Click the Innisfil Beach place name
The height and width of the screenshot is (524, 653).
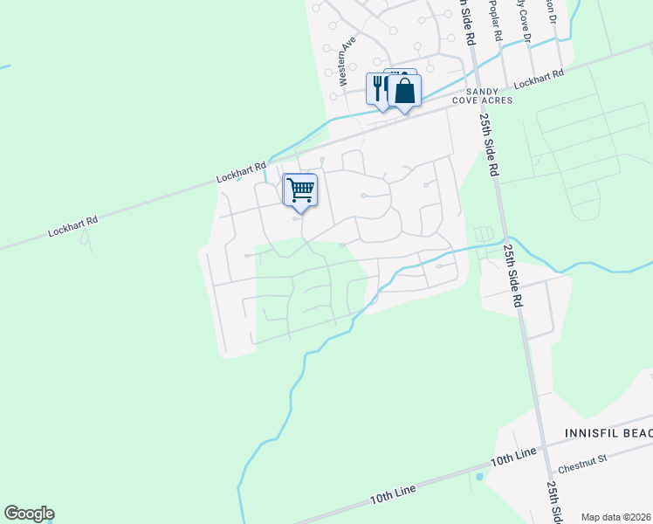pyautogui.click(x=608, y=433)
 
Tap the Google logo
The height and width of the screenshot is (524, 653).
pyautogui.click(x=29, y=514)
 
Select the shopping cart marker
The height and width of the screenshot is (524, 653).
pyautogui.click(x=300, y=190)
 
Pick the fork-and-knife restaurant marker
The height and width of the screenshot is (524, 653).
pyautogui.click(x=378, y=88)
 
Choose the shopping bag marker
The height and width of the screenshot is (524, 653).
pyautogui.click(x=405, y=91)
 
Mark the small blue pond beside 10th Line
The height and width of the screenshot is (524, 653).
pyautogui.click(x=479, y=478)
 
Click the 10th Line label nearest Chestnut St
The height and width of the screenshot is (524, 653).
pyautogui.click(x=512, y=458)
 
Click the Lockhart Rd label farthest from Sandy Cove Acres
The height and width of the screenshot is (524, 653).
pyautogui.click(x=72, y=225)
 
